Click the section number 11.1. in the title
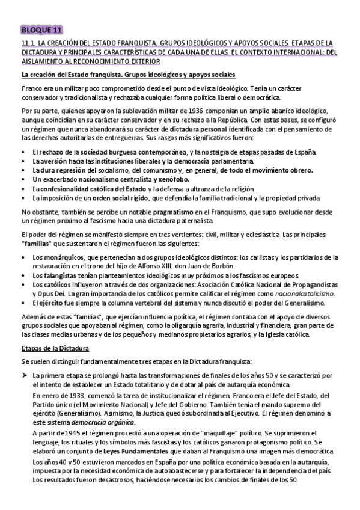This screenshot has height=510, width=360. pos(28,43)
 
